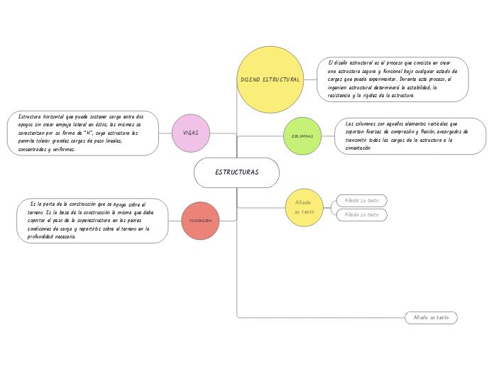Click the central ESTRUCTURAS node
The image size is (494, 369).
tap(236, 172)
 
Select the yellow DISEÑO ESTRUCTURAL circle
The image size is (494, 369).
tap(270, 79)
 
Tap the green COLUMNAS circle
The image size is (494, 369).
tap(302, 136)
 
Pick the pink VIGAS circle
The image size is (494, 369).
tap(191, 133)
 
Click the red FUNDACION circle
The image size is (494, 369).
tap(200, 221)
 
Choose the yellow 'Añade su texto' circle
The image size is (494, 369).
tap(304, 207)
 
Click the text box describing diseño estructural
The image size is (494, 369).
tap(393, 79)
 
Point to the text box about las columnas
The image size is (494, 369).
tap(410, 136)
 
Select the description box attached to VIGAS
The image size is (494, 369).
tap(82, 133)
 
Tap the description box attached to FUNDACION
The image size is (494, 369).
tap(92, 221)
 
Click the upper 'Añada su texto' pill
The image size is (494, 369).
tap(361, 200)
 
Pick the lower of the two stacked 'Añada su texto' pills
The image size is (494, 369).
tap(361, 214)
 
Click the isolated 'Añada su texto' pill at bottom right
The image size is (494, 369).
tap(431, 317)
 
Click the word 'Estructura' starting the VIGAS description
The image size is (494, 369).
tap(31, 116)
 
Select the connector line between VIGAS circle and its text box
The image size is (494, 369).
tap(165, 133)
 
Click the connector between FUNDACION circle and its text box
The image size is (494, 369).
tap(175, 221)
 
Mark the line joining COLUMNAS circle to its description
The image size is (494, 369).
tap(328, 136)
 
